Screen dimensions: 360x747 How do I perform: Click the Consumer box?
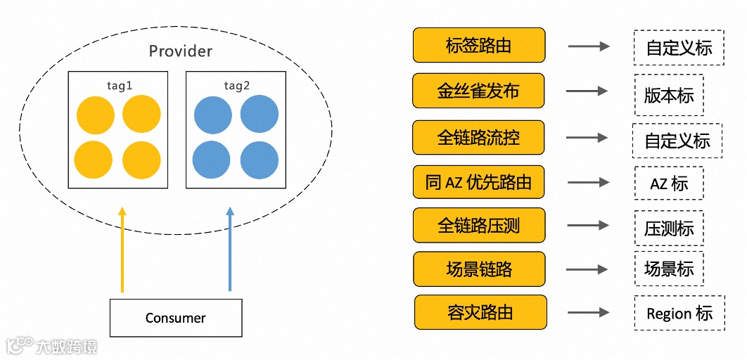tap(176, 318)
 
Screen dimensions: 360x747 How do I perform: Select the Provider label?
tap(180, 51)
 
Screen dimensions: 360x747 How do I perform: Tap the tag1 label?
tap(117, 85)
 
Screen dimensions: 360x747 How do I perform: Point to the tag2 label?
tap(236, 85)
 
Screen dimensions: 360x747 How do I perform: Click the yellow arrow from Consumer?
tap(122, 250)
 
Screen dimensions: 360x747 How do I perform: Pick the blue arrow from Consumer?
tap(229, 250)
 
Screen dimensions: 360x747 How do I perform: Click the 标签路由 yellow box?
tap(479, 46)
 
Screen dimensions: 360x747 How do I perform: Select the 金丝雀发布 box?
tap(478, 91)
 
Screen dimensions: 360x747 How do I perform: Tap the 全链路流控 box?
tap(478, 137)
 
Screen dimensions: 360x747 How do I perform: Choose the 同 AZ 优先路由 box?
tap(478, 183)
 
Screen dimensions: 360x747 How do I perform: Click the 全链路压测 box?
tap(479, 226)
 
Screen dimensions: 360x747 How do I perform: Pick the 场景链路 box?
tap(479, 269)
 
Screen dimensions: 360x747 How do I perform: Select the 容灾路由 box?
tap(480, 312)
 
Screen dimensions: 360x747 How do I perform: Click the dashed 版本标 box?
tap(668, 95)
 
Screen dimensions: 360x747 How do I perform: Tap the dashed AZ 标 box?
tap(668, 184)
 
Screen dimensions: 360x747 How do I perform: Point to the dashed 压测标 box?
tap(668, 228)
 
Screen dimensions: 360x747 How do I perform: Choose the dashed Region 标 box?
tap(679, 313)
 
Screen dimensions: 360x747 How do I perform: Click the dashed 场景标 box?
tap(668, 269)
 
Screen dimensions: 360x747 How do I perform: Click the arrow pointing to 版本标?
tap(587, 91)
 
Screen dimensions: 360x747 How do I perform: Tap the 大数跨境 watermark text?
tap(67, 346)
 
